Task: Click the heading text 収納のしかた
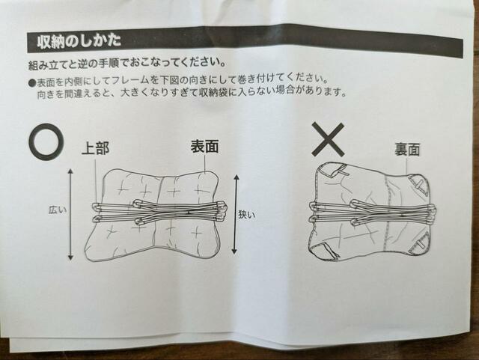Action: (x=75, y=40)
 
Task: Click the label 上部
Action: (x=95, y=148)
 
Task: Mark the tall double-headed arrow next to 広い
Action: (x=70, y=214)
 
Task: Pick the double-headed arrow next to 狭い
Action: (x=237, y=213)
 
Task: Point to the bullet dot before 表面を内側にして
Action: (x=31, y=80)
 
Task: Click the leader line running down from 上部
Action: (x=96, y=180)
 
